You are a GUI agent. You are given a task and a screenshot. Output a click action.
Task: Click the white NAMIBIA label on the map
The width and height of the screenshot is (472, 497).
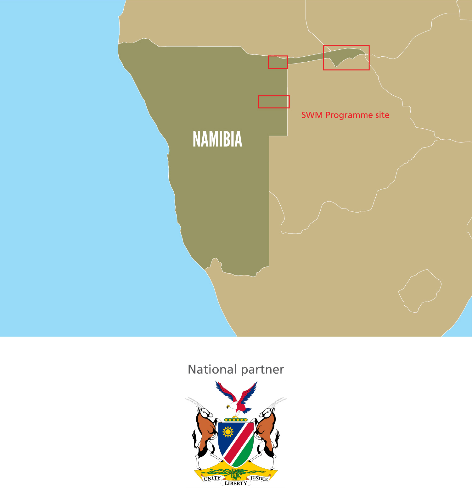217,139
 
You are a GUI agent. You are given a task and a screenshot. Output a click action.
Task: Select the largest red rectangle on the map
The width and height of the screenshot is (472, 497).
346,57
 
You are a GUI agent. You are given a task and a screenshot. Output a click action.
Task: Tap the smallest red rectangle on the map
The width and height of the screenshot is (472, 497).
278,62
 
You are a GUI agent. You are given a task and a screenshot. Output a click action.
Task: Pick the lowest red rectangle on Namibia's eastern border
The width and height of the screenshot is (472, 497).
273,102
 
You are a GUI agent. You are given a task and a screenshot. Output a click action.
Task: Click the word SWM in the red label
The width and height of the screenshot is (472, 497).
312,115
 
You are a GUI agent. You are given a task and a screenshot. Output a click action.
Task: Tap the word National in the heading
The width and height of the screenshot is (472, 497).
212,369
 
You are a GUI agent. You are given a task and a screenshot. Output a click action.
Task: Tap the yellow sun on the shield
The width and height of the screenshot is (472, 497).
228,432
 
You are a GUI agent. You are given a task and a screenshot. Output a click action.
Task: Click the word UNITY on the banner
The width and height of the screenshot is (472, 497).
212,478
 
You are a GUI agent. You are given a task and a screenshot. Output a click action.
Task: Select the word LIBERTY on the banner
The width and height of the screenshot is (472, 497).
236,483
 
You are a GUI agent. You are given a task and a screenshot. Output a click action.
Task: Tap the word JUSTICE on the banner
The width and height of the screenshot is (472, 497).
259,478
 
